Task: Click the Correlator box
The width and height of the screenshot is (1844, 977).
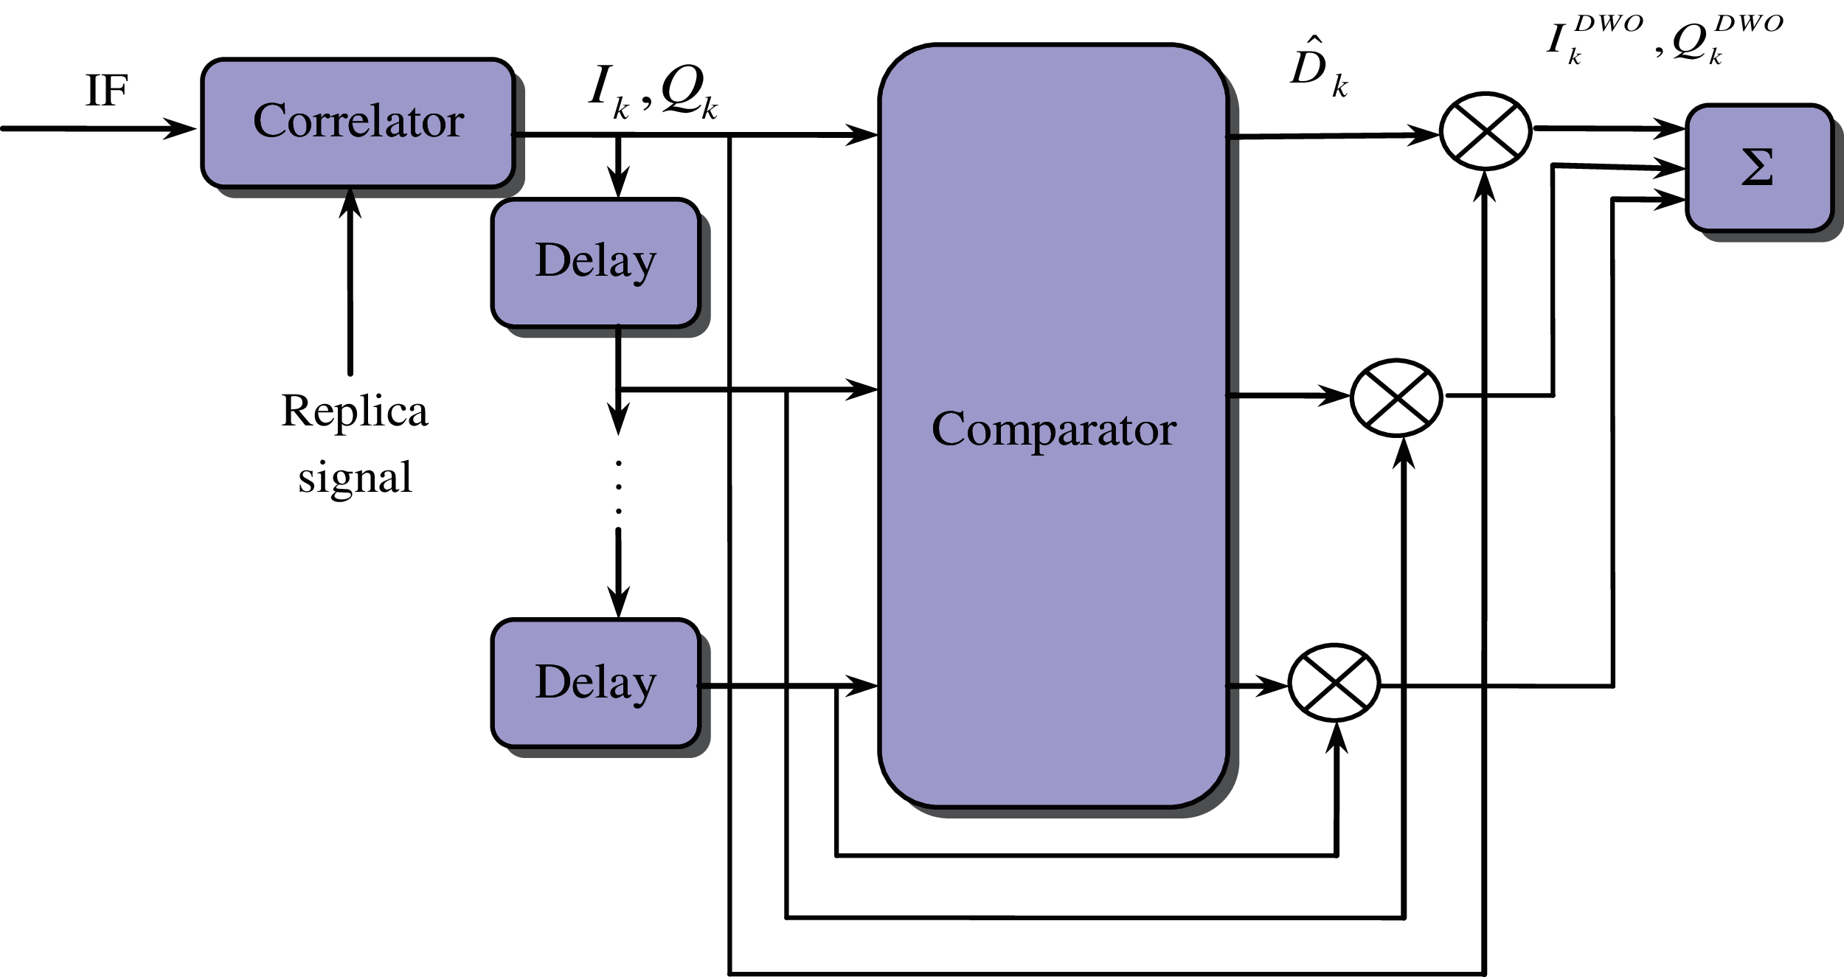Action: coord(358,122)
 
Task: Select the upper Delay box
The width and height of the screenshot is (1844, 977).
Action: coord(595,262)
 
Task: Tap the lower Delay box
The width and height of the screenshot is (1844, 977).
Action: coord(595,683)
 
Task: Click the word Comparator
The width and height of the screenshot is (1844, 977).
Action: coord(1053,429)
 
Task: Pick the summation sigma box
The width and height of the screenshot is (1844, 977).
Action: coord(1758,168)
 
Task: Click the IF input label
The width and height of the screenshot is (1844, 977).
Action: coord(106,91)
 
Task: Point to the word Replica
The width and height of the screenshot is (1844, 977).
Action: coord(354,411)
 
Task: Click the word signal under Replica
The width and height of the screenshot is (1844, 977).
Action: coord(355,478)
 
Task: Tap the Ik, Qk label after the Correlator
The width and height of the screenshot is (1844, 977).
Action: coord(653,93)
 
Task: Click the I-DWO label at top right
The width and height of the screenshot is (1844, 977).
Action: coord(1593,41)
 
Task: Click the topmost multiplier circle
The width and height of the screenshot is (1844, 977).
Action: coord(1486,131)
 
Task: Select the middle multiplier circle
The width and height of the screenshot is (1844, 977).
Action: coord(1396,397)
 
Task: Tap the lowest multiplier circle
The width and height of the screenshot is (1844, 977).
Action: coord(1334,683)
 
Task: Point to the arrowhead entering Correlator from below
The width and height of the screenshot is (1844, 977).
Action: coord(350,204)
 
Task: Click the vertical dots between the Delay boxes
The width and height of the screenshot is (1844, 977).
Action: coord(618,487)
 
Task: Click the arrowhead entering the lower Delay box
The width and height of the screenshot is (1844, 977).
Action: coord(618,603)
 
